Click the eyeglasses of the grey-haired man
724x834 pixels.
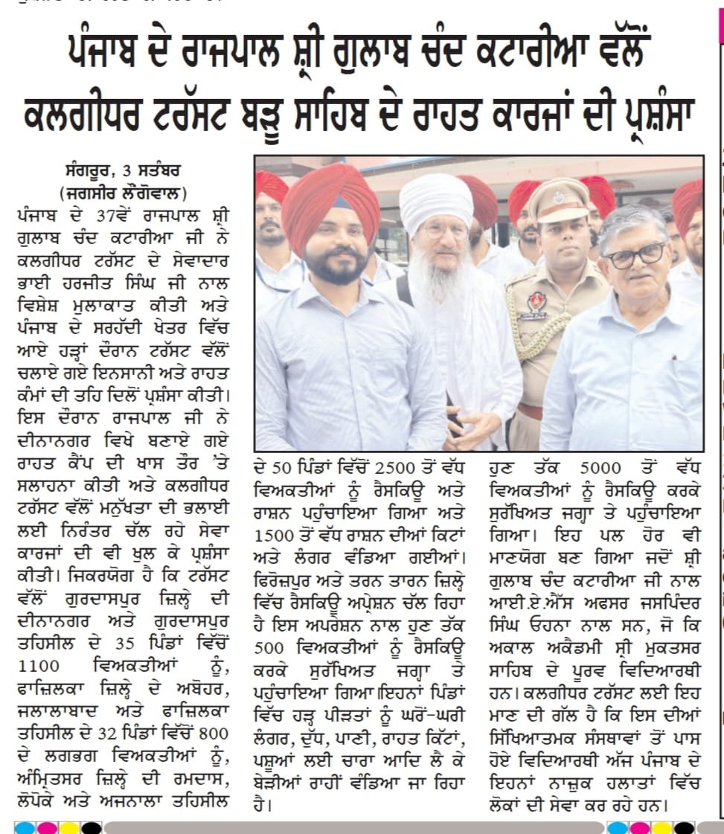(x=635, y=255)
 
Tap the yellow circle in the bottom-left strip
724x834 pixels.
(x=68, y=827)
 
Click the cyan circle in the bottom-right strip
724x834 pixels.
(x=618, y=827)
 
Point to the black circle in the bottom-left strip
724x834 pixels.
(x=91, y=827)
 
